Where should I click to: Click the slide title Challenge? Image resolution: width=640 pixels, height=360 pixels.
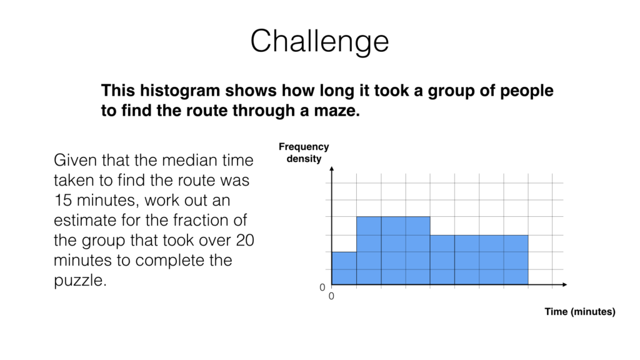(319, 41)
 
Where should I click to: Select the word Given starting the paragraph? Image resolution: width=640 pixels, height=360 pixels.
(74, 161)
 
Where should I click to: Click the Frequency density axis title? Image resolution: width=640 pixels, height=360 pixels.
(304, 152)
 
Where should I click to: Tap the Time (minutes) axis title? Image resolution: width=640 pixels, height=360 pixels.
(579, 311)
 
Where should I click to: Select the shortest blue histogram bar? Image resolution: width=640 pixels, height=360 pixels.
(344, 268)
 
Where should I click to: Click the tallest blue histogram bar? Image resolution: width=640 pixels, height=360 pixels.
(393, 250)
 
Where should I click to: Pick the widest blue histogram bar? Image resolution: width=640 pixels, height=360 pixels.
(479, 259)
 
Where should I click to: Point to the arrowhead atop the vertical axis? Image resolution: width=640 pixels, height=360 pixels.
(332, 170)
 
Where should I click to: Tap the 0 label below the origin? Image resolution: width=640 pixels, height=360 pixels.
(331, 297)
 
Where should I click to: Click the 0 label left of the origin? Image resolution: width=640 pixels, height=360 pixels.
(322, 287)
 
